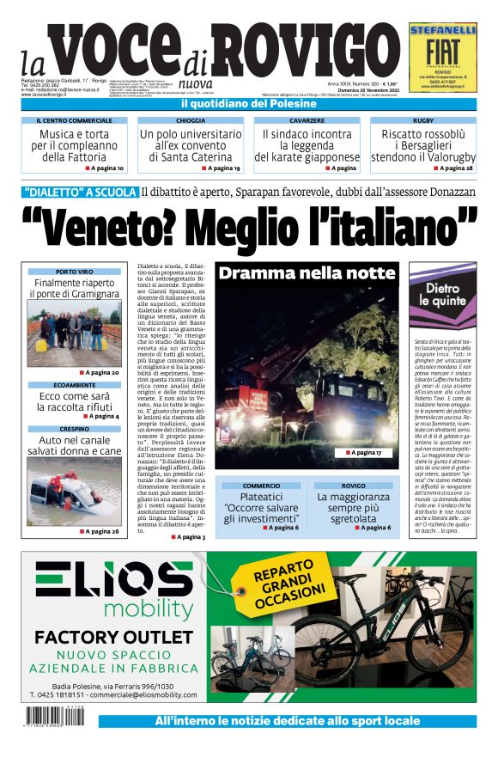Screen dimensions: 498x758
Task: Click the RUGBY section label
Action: coord(422,121)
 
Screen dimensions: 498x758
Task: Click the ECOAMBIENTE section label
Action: coord(74,385)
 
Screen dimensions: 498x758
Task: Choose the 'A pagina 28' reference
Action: coord(453,168)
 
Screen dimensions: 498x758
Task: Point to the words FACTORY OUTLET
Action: coord(114,638)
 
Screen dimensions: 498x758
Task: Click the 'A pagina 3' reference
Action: coord(191,537)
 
